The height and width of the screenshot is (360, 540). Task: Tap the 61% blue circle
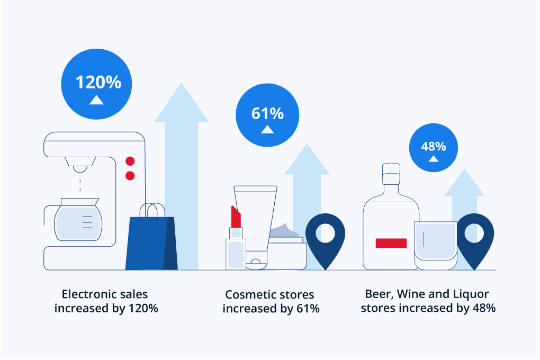coord(267,115)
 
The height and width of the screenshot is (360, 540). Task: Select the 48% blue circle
coord(434,148)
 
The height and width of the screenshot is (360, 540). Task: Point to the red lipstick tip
coord(236,215)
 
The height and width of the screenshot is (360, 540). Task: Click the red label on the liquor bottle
coord(391,243)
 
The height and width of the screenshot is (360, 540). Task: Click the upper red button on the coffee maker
coord(130,161)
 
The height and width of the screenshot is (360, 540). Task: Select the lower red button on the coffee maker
coord(130,176)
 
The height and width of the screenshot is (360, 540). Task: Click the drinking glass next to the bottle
coord(435,245)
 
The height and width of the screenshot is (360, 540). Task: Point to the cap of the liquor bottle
coord(391,170)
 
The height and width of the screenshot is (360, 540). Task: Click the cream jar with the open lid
coord(287,251)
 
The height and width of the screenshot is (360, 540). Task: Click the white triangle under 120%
coord(96,100)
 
